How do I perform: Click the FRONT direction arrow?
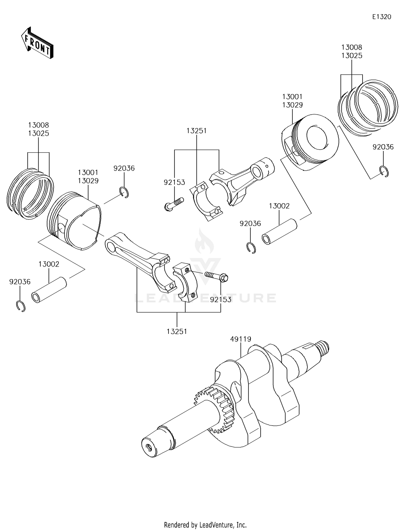[x=37, y=43]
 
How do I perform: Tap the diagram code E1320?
[x=381, y=17]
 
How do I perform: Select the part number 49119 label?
[x=241, y=339]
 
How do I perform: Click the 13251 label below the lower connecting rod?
[x=177, y=331]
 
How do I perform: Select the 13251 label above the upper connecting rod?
[x=196, y=131]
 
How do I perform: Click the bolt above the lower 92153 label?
[x=216, y=276]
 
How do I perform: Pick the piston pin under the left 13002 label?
[x=49, y=290]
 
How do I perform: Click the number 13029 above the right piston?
[x=292, y=105]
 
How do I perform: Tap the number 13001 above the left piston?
[x=88, y=172]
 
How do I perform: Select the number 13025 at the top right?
[x=352, y=56]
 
